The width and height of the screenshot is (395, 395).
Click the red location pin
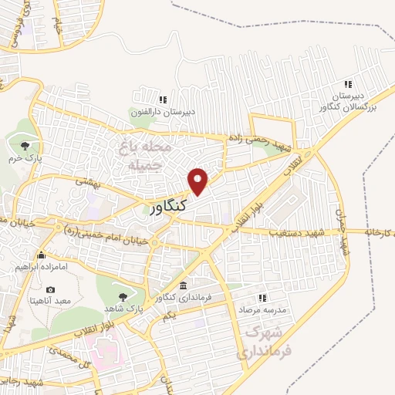point(199,181)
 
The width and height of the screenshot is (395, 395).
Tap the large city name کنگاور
point(164,209)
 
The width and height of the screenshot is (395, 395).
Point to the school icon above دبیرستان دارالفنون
point(162,100)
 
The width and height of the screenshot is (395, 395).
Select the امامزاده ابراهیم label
point(40,267)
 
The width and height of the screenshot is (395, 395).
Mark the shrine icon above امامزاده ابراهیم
point(40,255)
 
